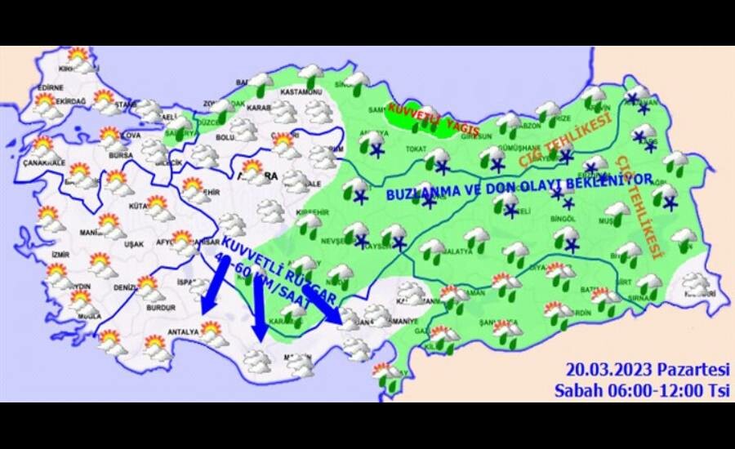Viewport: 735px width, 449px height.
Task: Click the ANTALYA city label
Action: coord(182,332)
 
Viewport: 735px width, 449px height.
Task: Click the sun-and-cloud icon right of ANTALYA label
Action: coord(214,331)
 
